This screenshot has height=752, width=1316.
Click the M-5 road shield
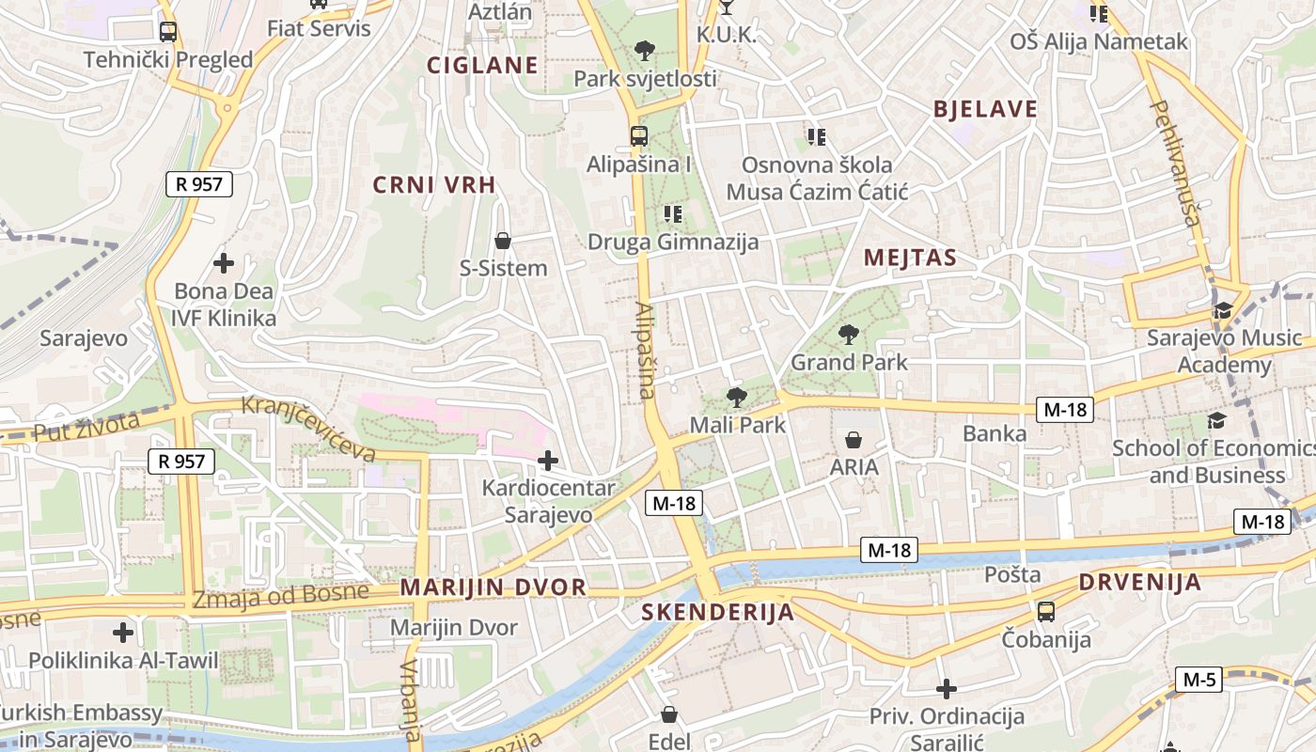pos(1198,680)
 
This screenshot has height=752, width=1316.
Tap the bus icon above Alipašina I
pos(639,135)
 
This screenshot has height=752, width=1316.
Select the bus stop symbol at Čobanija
pos(1045,612)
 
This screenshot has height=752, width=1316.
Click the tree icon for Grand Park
pos(848,334)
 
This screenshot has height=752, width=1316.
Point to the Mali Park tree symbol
pos(737,397)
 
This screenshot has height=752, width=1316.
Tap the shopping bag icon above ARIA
pos(854,439)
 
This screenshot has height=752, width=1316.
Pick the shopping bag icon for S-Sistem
pos(503,241)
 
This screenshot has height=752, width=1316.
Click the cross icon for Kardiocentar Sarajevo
pos(547,460)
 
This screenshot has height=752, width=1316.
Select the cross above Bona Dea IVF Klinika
pos(224,263)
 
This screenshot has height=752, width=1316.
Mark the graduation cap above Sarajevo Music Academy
pos(1223,310)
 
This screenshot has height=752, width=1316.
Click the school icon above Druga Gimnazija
pos(672,214)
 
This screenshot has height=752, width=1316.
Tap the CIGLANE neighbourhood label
pos(482,65)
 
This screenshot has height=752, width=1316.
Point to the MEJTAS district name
pos(910,258)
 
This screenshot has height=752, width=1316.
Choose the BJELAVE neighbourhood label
pos(985,109)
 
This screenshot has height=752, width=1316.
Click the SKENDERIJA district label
pos(717,613)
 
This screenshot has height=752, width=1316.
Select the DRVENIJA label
pos(1139,582)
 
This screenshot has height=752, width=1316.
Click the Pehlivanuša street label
pos(1176,164)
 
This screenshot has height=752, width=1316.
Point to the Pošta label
pos(1012,574)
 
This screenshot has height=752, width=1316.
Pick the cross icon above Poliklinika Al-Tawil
pos(123,633)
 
